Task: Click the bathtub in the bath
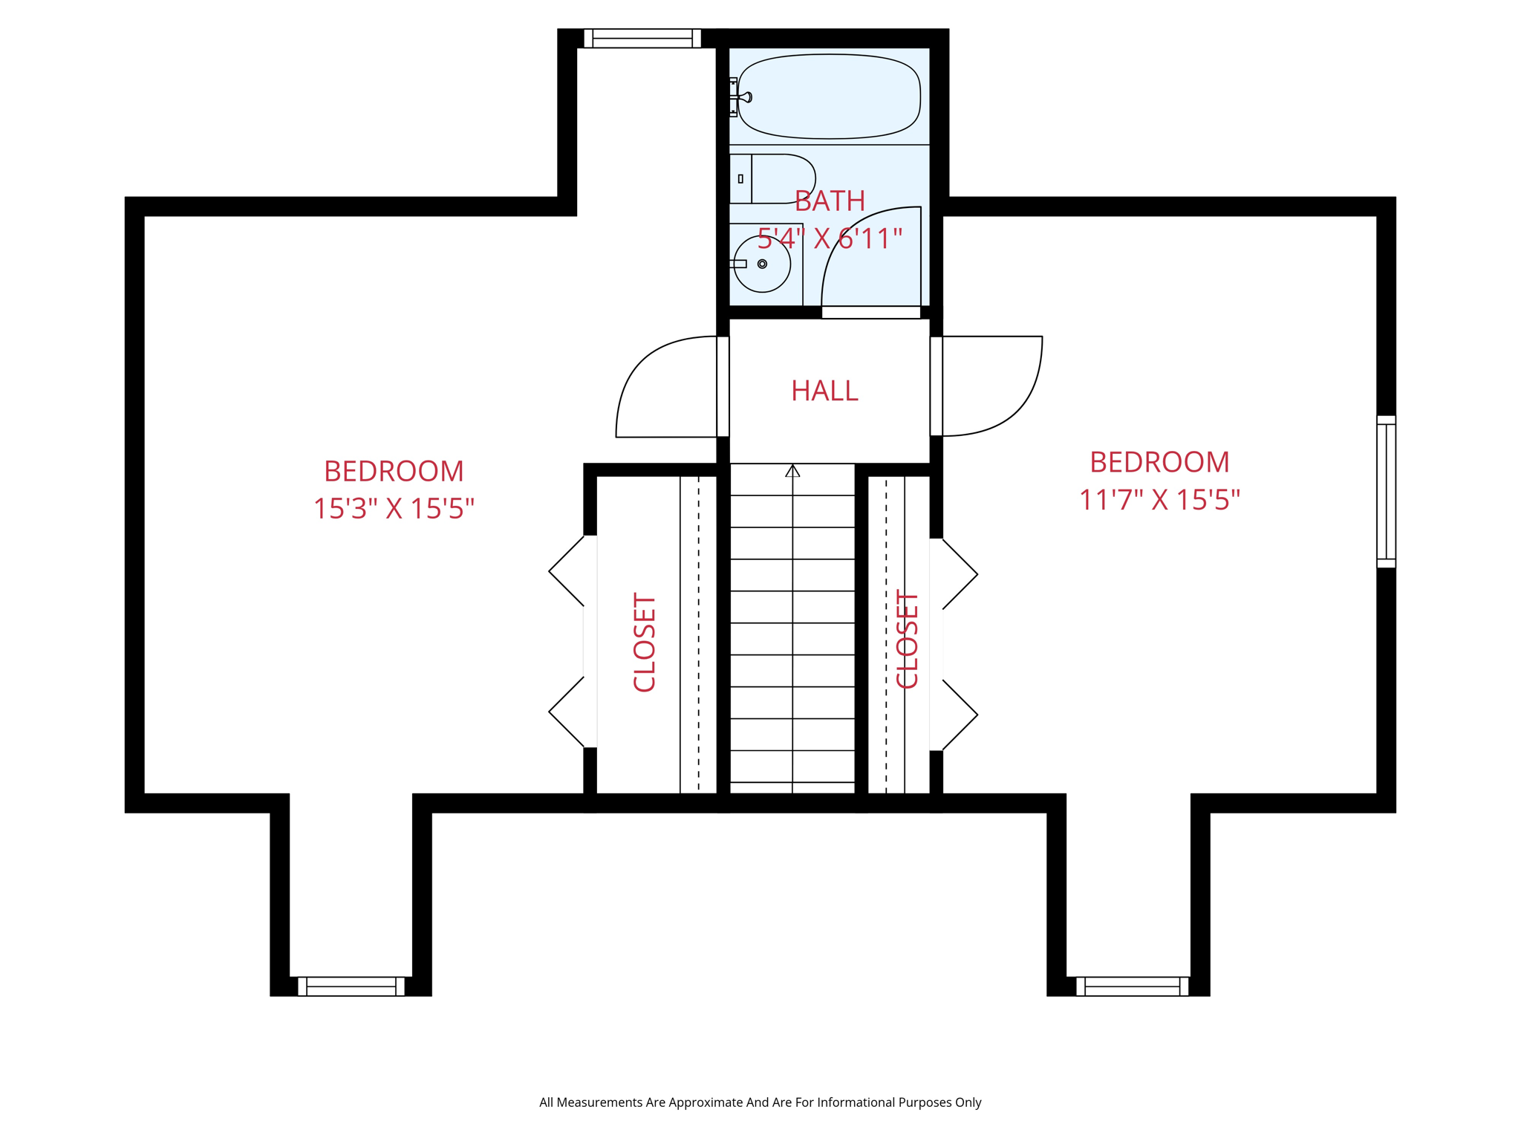click(x=830, y=96)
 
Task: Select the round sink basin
click(x=762, y=264)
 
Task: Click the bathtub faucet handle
click(x=744, y=97)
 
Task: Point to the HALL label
click(x=824, y=391)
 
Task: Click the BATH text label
click(x=830, y=201)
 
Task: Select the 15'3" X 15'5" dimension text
click(x=394, y=510)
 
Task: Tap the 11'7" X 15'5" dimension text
click(x=1159, y=500)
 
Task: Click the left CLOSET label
click(x=645, y=643)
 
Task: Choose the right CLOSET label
click(x=908, y=640)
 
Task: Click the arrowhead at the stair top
click(x=792, y=471)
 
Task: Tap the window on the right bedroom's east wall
click(x=1386, y=492)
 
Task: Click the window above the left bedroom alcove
click(x=642, y=39)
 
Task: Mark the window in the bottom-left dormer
click(x=351, y=986)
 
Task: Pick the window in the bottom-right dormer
click(x=1132, y=986)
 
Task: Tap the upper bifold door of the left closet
click(x=568, y=570)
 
